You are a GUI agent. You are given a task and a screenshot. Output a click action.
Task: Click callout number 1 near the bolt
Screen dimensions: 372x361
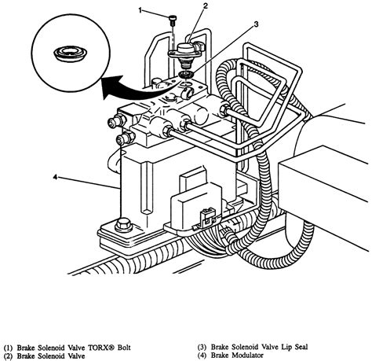(x=140, y=10)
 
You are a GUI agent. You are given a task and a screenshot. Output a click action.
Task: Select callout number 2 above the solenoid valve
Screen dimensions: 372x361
(x=206, y=6)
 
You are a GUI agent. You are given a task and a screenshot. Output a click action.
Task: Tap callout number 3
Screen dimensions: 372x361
(x=256, y=24)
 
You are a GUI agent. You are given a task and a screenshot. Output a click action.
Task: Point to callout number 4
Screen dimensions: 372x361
(x=55, y=177)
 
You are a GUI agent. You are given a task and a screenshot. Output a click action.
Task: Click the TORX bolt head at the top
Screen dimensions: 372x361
(x=173, y=18)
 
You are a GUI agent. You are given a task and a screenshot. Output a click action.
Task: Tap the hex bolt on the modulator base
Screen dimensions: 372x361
(x=123, y=225)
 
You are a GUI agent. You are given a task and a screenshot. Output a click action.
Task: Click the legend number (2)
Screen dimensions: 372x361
(x=8, y=356)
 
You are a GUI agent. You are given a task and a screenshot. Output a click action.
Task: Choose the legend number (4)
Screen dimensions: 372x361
(x=202, y=355)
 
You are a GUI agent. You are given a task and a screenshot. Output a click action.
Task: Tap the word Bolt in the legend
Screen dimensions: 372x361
(x=124, y=348)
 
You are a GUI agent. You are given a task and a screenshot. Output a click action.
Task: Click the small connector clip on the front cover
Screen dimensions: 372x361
(x=206, y=216)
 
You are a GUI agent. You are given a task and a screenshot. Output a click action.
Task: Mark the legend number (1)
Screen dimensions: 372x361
(x=8, y=348)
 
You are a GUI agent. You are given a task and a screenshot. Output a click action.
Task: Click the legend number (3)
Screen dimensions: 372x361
(x=202, y=348)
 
